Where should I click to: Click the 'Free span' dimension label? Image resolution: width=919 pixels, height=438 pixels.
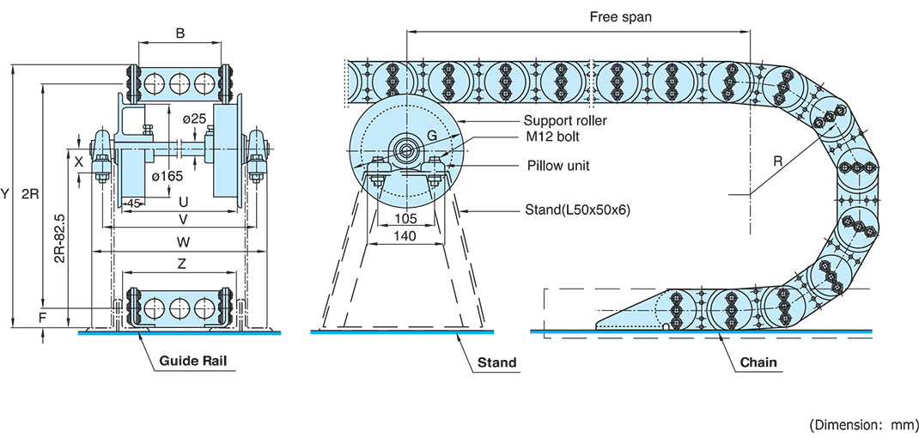click(620, 17)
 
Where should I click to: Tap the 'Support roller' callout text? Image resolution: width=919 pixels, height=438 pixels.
click(565, 121)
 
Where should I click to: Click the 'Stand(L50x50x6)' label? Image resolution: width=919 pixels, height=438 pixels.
click(577, 210)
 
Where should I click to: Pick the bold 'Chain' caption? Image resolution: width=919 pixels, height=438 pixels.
click(759, 362)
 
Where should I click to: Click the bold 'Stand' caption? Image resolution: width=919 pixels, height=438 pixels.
click(497, 362)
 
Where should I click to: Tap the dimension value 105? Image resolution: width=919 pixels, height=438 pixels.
click(405, 219)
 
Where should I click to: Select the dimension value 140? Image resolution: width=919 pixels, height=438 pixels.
click(405, 235)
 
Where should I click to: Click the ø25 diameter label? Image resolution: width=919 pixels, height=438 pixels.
click(195, 119)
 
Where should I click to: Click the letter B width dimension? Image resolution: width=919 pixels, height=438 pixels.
click(180, 34)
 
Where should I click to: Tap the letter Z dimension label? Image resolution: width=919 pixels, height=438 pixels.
click(182, 265)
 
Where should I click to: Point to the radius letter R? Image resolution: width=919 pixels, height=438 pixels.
click(778, 161)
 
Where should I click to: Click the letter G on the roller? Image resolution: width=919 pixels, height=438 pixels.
click(432, 136)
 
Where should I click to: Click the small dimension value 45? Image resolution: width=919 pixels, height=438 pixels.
click(134, 203)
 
